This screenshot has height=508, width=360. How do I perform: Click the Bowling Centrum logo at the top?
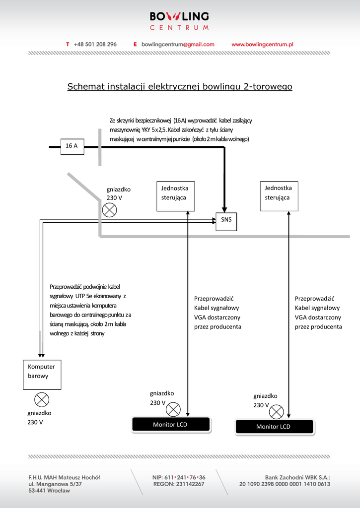coord(179,21)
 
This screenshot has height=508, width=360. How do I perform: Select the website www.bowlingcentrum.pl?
coord(262,44)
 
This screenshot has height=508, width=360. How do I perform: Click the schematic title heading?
coord(180,87)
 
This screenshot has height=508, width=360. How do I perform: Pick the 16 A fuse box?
coord(72,146)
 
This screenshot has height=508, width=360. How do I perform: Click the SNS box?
coord(226,220)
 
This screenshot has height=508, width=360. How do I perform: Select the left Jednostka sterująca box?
coord(174,196)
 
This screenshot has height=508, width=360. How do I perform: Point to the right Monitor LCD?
coord(274,427)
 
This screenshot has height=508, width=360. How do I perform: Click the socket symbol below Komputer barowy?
coord(42,399)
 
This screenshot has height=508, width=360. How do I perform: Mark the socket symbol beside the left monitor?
coord(173,409)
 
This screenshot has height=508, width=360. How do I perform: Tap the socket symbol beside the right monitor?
coord(276,411)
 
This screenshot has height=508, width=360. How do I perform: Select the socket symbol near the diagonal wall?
coord(109,210)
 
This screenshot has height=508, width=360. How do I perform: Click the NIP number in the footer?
coord(179,477)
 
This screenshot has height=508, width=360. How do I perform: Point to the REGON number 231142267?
coord(179,484)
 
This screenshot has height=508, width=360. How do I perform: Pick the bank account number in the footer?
coord(285,484)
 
